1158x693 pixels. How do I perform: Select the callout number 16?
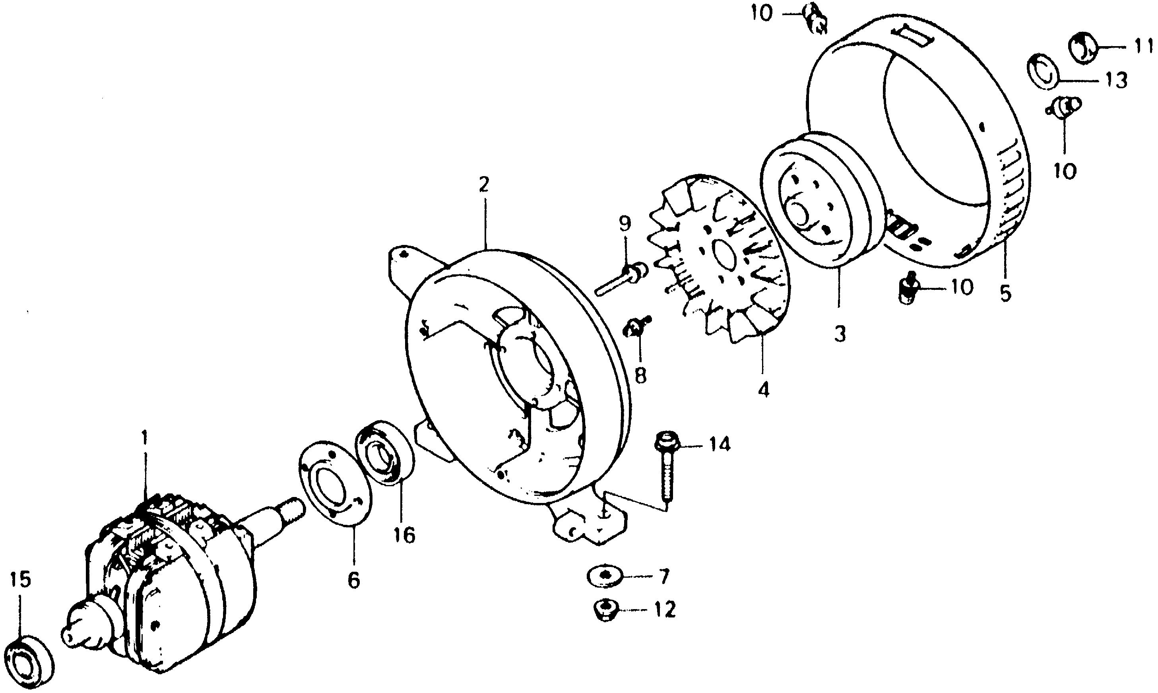click(x=404, y=535)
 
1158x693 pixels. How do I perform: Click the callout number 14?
click(x=719, y=445)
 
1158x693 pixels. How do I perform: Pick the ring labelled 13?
click(x=1045, y=71)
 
